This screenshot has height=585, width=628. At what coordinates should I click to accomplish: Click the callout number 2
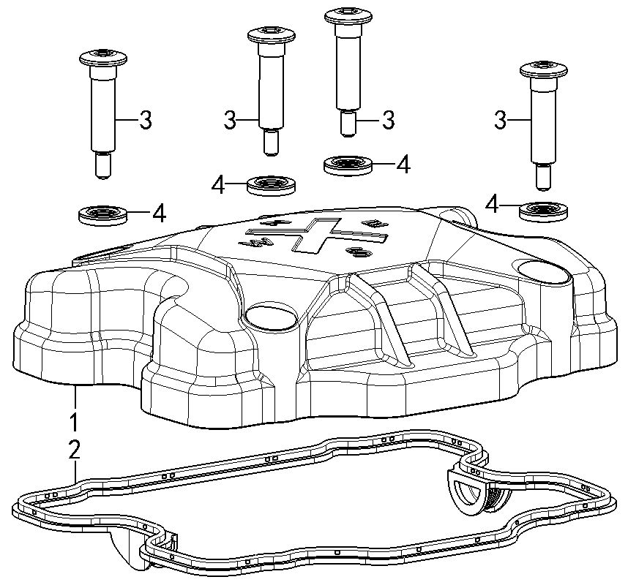tap(75, 449)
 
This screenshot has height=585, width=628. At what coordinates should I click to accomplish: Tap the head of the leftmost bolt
tap(103, 58)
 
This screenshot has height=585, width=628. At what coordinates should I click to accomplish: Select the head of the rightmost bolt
tap(544, 69)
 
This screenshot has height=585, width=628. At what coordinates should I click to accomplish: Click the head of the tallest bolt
tap(348, 16)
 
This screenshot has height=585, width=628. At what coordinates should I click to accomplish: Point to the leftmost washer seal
tap(103, 215)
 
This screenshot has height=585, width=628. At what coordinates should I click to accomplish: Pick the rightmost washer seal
tap(544, 211)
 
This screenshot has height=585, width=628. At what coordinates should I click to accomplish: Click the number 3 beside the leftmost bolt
tap(146, 120)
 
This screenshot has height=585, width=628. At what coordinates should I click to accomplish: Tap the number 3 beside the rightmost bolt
tap(500, 120)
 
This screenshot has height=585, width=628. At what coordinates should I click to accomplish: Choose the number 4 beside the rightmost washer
tap(492, 205)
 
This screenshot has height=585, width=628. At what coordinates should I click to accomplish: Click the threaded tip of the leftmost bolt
tap(103, 167)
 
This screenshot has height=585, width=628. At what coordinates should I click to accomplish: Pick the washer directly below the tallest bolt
tap(348, 165)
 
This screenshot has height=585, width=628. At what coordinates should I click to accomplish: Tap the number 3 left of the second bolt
tap(230, 120)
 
